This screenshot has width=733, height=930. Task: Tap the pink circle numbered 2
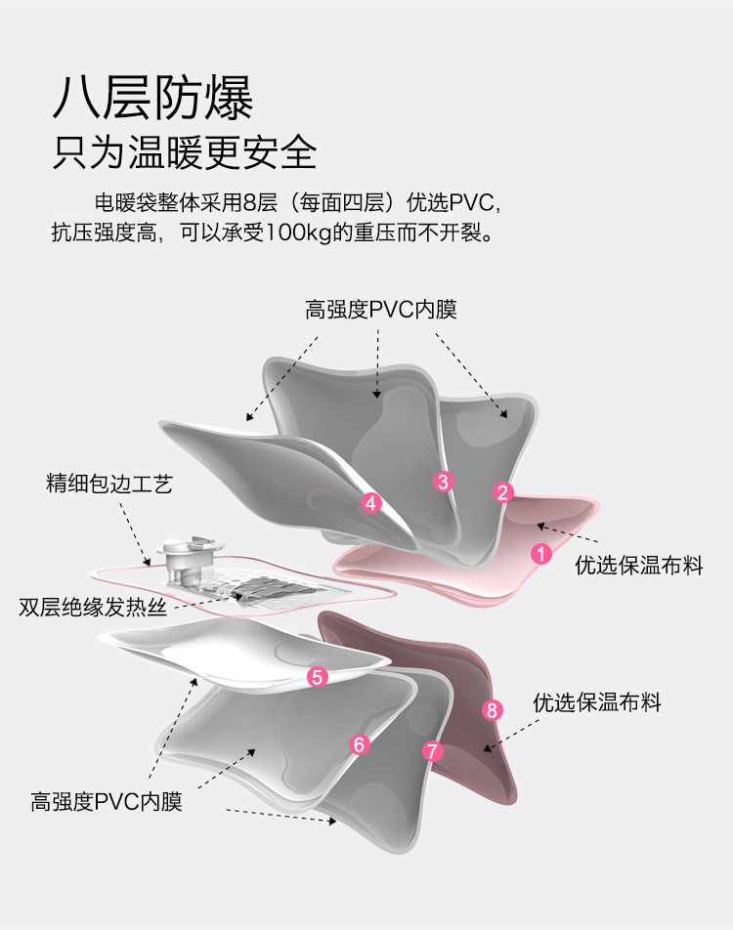503,493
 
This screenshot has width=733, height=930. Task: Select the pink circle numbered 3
443,481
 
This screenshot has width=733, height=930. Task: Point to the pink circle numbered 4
370,503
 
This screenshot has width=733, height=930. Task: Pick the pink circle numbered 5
317,676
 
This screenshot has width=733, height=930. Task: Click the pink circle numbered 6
361,745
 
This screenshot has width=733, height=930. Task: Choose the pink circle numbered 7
433,751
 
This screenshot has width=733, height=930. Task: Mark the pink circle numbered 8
493,710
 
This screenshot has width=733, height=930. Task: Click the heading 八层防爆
152,97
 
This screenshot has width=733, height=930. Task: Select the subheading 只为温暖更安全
185,151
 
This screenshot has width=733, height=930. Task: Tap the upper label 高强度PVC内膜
381,310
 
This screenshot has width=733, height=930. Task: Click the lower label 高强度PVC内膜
107,802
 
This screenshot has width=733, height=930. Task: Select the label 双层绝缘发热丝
94,607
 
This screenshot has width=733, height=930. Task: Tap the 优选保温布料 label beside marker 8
597,702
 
